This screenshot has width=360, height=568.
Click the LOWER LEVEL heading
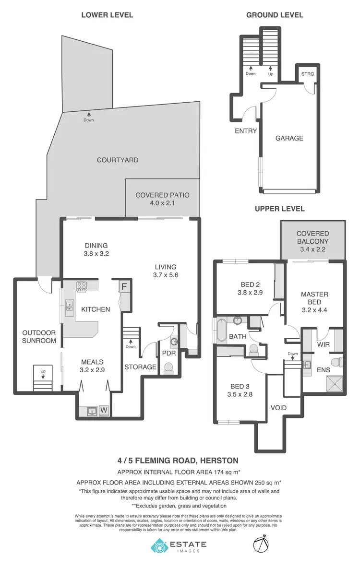107,15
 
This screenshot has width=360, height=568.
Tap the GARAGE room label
289,138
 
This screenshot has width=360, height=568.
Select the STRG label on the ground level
307,74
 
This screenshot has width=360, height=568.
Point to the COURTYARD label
118,160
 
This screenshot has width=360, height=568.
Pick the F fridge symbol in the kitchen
124,287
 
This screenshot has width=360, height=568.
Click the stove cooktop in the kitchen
82,287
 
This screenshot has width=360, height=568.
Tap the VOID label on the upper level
278,408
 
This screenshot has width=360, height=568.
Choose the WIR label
322,344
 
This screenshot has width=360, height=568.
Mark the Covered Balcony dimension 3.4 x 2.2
312,250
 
